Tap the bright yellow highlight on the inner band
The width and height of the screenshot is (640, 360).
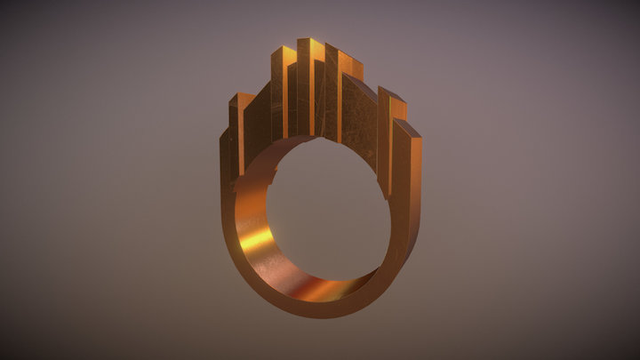256,238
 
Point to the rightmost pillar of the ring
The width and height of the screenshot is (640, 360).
406,178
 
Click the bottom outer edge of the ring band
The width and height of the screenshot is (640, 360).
320,311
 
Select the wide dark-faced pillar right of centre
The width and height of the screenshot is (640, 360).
359,120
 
